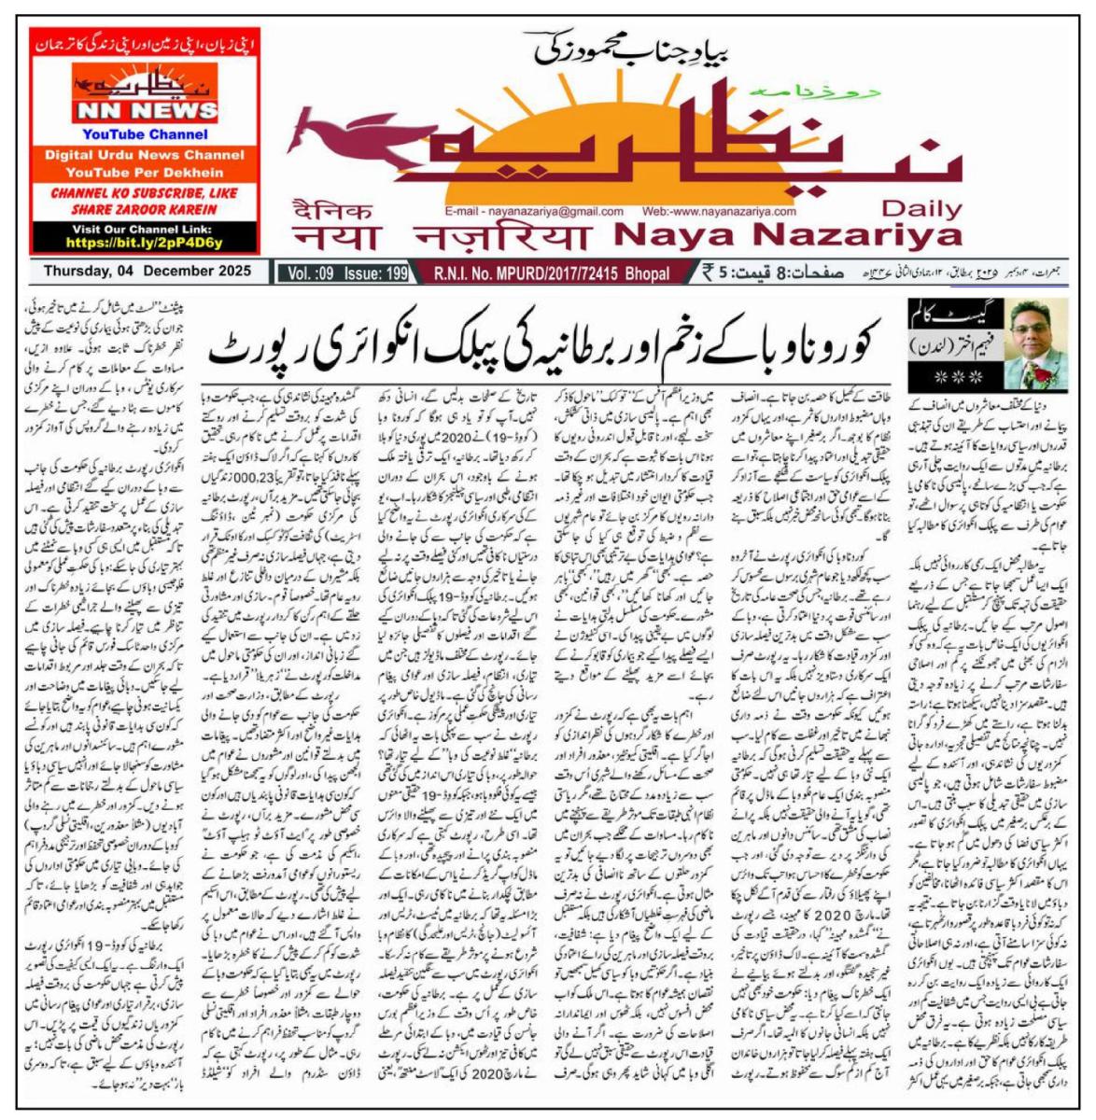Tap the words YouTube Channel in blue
coord(145,134)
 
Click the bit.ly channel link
coord(145,243)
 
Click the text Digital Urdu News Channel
coord(145,155)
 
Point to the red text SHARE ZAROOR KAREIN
coord(145,209)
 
